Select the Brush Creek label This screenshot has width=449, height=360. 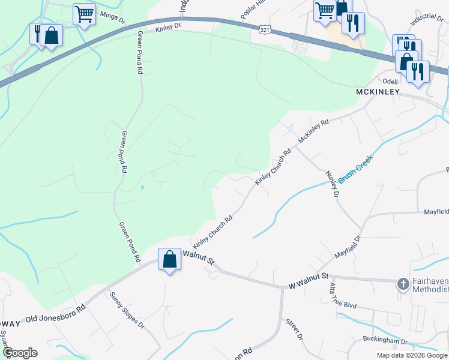355,169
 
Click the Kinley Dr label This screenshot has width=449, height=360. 167,27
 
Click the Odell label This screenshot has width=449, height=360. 391,80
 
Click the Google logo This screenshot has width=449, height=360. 19,353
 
